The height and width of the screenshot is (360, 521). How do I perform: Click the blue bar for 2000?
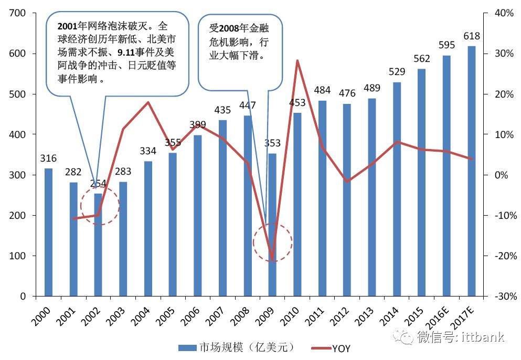pyautogui.click(x=48, y=232)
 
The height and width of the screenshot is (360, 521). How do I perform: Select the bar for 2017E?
pyautogui.click(x=472, y=171)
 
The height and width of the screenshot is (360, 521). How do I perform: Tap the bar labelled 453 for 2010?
pyautogui.click(x=297, y=204)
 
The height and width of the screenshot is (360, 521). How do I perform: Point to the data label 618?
pyautogui.click(x=472, y=37)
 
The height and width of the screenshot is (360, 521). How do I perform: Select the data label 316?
pyautogui.click(x=48, y=158)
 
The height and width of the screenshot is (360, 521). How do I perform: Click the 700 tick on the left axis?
pyautogui.click(x=19, y=13)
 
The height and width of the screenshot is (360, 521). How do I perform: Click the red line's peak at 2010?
pyautogui.click(x=297, y=60)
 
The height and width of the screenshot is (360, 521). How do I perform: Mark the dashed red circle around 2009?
pyautogui.click(x=272, y=242)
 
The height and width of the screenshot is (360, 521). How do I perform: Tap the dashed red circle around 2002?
pyautogui.click(x=100, y=206)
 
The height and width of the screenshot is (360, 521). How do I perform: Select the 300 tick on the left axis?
pyautogui.click(x=19, y=175)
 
